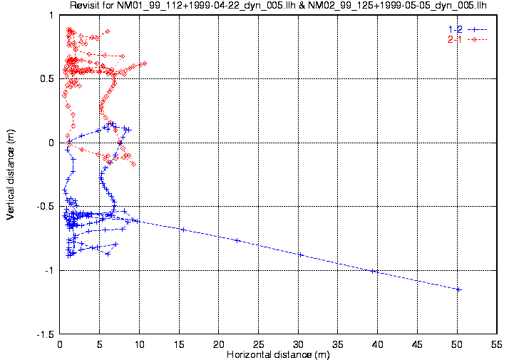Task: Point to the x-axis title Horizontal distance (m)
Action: click(x=278, y=354)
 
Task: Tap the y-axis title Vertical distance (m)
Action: click(x=11, y=174)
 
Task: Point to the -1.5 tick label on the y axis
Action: click(x=45, y=334)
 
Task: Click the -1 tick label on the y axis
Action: click(x=49, y=270)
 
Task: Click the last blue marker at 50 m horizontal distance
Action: click(x=458, y=289)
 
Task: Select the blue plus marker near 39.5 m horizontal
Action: click(x=374, y=271)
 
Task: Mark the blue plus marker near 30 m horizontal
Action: click(x=300, y=254)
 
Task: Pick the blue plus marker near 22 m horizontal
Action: click(x=237, y=240)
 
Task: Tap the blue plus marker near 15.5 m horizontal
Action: click(x=183, y=230)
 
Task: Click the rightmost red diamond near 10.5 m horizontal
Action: click(x=144, y=63)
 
